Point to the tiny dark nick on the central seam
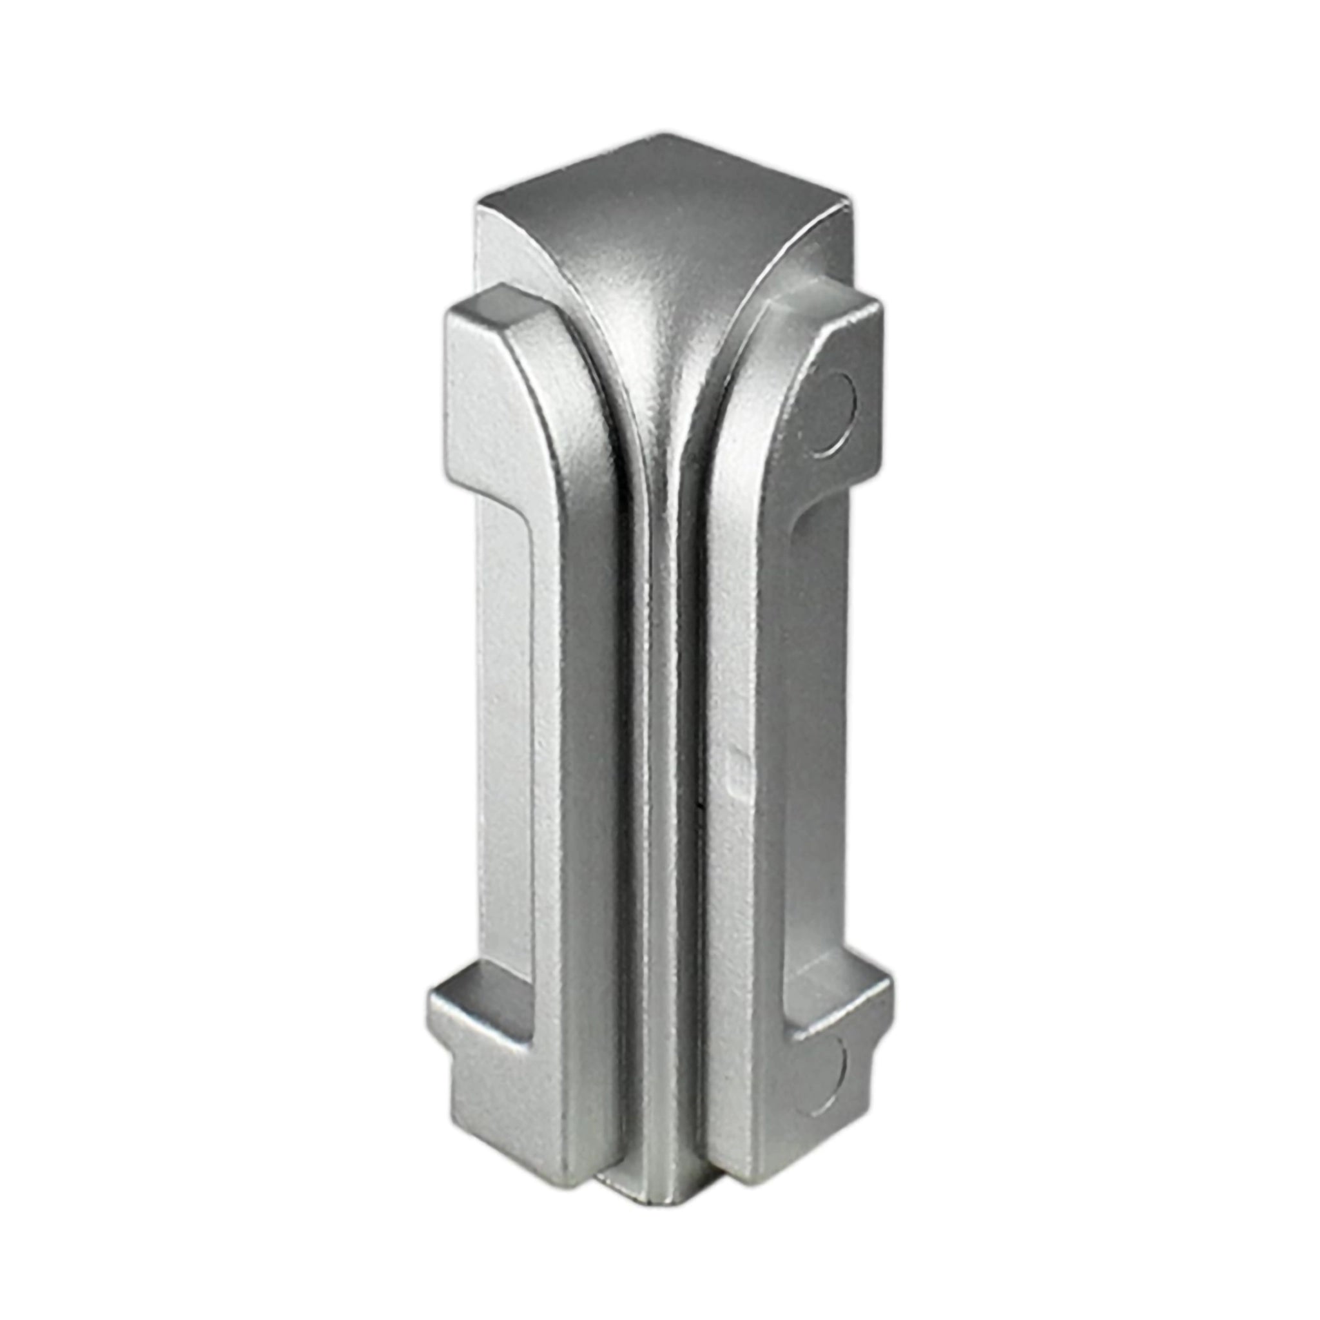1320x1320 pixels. [x=697, y=807]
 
